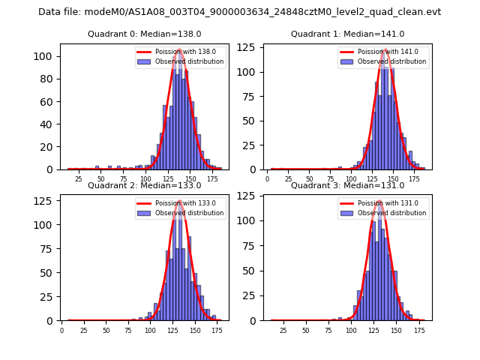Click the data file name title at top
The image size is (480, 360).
pyautogui.click(x=240, y=12)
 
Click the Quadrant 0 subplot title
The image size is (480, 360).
pyautogui.click(x=144, y=34)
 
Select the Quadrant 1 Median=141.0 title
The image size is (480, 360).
pyautogui.click(x=347, y=34)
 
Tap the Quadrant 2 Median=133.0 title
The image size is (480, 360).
pyautogui.click(x=144, y=185)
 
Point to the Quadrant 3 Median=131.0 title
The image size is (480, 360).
pyautogui.click(x=347, y=185)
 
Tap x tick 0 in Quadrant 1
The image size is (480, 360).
pyautogui.click(x=268, y=178)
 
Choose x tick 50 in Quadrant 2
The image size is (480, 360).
pyautogui.click(x=106, y=329)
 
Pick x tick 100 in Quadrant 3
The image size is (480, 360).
pyautogui.click(x=349, y=329)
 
